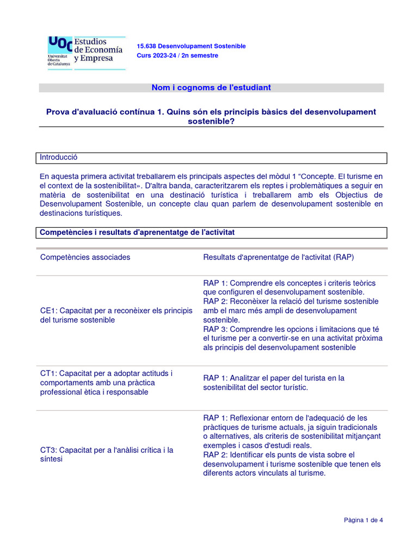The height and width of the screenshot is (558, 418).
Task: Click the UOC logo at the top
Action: click(60, 44)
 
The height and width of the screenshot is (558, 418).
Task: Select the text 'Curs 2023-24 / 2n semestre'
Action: click(177, 56)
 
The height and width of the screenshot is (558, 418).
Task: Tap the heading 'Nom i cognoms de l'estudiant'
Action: click(211, 88)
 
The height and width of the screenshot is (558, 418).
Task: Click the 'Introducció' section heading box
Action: click(213, 157)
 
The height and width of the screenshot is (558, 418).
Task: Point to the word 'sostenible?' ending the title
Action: click(211, 121)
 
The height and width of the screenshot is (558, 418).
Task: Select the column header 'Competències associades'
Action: click(85, 257)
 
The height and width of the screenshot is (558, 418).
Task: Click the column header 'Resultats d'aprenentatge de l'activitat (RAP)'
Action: click(278, 257)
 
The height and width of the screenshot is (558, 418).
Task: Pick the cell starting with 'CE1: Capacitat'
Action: click(116, 316)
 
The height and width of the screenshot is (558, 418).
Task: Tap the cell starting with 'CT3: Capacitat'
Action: click(107, 454)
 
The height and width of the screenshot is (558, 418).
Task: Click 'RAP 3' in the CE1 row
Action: click(216, 329)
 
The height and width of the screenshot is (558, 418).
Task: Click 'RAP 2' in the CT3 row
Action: click(216, 454)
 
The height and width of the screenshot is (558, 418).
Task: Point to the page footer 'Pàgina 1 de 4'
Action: click(363, 520)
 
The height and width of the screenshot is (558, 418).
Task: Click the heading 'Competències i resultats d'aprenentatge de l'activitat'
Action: click(137, 233)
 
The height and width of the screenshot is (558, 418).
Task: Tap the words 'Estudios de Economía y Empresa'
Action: click(98, 50)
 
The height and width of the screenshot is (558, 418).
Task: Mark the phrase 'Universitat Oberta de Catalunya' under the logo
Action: click(59, 60)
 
